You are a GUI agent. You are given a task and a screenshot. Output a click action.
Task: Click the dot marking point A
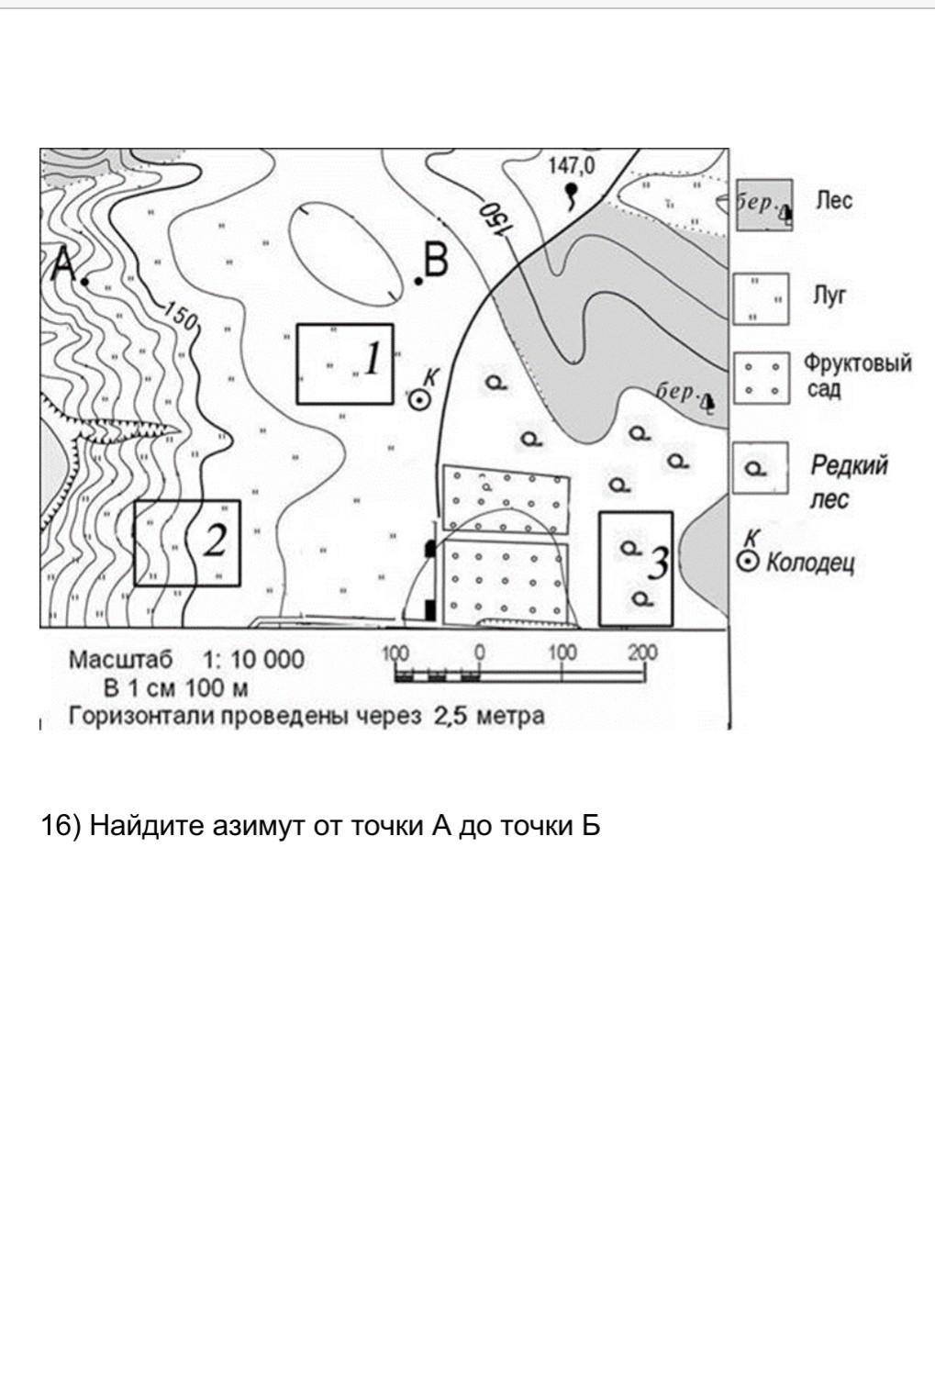(84, 282)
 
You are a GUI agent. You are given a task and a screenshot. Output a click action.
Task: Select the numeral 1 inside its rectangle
(371, 359)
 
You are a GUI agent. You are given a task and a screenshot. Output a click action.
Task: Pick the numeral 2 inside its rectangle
(213, 541)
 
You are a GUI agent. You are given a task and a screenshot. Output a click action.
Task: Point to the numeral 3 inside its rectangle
(658, 563)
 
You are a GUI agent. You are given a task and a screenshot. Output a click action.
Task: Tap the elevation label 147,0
(571, 166)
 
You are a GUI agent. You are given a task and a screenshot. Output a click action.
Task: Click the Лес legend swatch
(762, 206)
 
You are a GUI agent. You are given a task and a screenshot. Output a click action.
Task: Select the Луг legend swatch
(761, 299)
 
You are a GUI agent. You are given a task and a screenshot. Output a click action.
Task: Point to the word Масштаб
(120, 660)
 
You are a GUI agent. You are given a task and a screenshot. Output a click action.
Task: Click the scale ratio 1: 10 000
(253, 660)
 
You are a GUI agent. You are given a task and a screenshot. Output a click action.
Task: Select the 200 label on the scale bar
(642, 652)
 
